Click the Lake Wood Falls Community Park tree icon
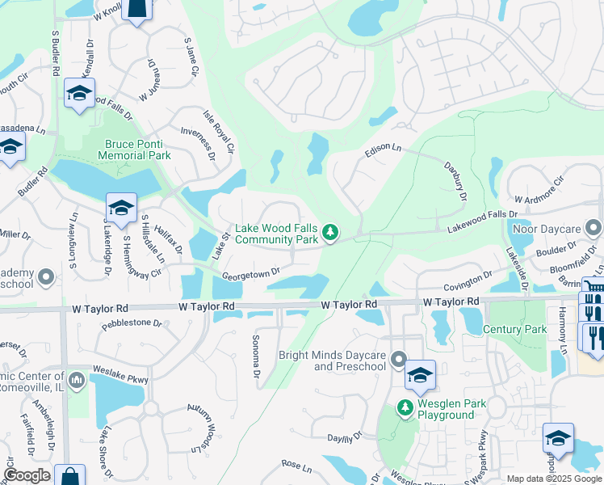click(x=329, y=233)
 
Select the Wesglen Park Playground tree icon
click(x=405, y=408)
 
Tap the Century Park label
click(x=515, y=330)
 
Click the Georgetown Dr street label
click(x=251, y=274)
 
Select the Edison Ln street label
click(x=383, y=150)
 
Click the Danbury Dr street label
click(x=456, y=180)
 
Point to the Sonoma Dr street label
click(x=256, y=356)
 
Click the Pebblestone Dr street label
click(x=132, y=324)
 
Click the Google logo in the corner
click(x=27, y=475)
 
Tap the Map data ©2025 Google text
click(x=553, y=479)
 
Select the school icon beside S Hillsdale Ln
click(x=121, y=209)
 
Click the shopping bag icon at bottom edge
click(x=69, y=476)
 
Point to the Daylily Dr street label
click(x=343, y=437)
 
